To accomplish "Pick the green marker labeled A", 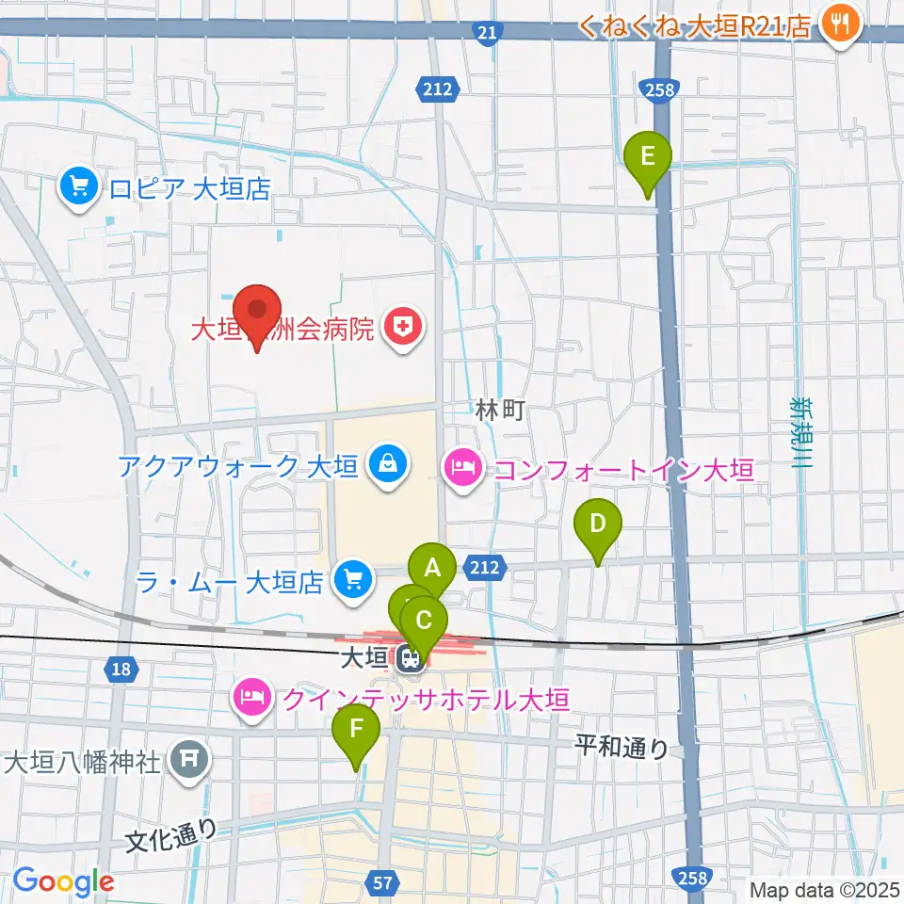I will tap(432, 569).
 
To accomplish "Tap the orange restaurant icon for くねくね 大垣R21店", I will tap(837, 23).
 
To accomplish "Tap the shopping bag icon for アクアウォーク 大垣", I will tap(386, 464).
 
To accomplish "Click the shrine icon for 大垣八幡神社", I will tap(189, 760).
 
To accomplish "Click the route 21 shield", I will tap(485, 33).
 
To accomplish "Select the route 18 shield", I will tap(119, 670).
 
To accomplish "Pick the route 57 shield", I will tap(381, 882).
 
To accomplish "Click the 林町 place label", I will tap(499, 410).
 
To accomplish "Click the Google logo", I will tap(63, 882).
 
